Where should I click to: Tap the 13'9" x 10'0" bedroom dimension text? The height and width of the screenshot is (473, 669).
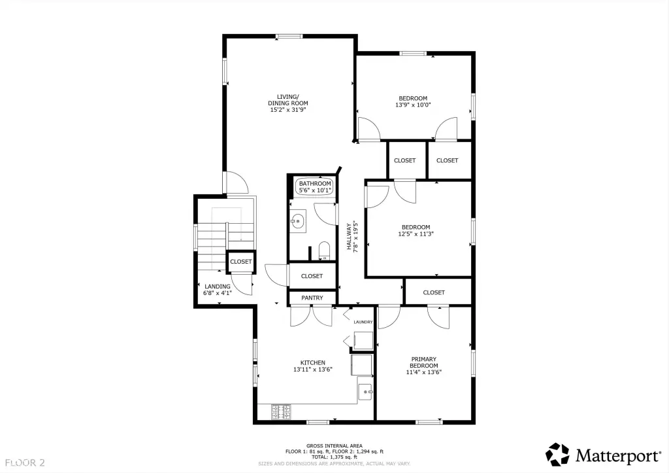[x=413, y=105]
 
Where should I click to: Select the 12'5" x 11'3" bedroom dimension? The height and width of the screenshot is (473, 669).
[x=416, y=234]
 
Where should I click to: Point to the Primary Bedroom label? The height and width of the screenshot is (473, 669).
[x=423, y=362]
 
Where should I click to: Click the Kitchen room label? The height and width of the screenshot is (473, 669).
[x=313, y=362]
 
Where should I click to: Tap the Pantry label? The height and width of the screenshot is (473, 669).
[x=312, y=298]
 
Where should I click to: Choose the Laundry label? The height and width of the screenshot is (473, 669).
[x=363, y=322]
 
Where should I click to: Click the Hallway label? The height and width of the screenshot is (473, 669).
[x=349, y=236]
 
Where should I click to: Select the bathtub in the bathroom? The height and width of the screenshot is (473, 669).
[x=315, y=186]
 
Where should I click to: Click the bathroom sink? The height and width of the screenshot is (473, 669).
[x=298, y=221]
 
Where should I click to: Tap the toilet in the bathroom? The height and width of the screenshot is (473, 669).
[x=324, y=251]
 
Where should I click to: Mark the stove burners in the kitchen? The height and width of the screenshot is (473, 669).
[x=281, y=412]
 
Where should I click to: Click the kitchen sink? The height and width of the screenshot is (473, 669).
[x=365, y=391]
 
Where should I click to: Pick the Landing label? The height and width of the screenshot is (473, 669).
[x=218, y=287]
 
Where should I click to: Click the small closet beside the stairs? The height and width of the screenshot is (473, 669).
[x=241, y=262]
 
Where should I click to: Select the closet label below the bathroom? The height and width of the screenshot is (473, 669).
[x=312, y=276]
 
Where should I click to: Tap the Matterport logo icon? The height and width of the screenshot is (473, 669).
[x=557, y=455]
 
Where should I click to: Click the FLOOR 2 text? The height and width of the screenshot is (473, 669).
[x=25, y=463]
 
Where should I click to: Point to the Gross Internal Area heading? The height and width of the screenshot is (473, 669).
[x=334, y=446]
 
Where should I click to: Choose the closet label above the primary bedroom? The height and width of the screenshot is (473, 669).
[x=434, y=292]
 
